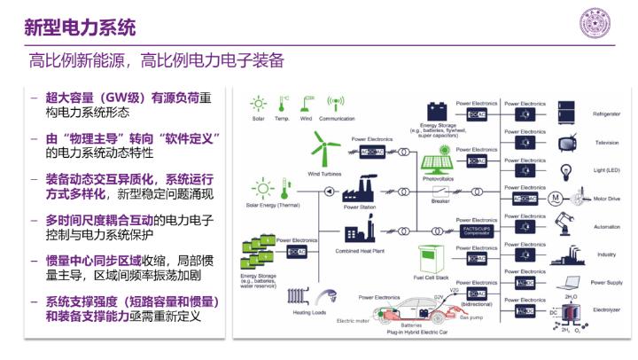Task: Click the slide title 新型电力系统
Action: coord(80,27)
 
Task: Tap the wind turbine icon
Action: coord(326,150)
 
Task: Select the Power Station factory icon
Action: coord(360,190)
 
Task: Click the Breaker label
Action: coord(440,200)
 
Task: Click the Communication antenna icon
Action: coord(336,103)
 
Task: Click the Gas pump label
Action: coord(476,316)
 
